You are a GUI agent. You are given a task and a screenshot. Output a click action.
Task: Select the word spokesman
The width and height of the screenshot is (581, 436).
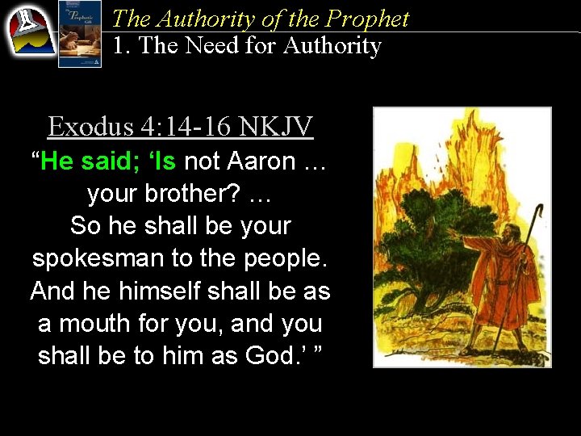(x=94, y=258)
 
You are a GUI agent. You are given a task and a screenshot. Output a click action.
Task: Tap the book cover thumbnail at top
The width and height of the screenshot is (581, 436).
(x=80, y=34)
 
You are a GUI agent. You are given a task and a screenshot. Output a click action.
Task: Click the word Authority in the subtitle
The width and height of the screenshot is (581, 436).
(x=331, y=45)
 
